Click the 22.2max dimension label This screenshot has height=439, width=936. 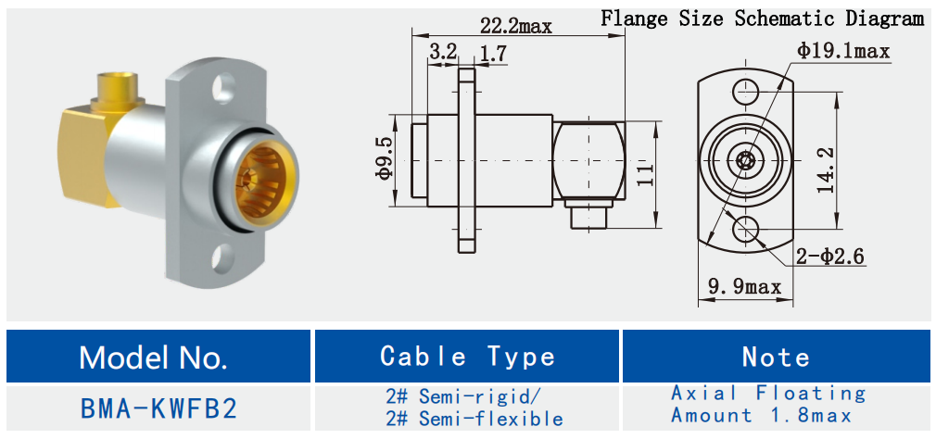tap(515, 26)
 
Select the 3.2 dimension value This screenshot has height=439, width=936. tap(443, 53)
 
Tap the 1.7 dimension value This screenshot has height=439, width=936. tap(493, 54)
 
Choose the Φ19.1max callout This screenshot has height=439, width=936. tap(842, 51)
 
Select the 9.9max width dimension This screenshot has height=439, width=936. tap(744, 286)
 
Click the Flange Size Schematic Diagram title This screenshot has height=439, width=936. tap(762, 18)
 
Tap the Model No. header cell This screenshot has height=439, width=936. tap(153, 357)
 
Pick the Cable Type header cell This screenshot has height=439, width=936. tap(467, 357)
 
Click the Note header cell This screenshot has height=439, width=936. tap(776, 357)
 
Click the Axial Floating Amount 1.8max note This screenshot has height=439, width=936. tap(768, 405)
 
